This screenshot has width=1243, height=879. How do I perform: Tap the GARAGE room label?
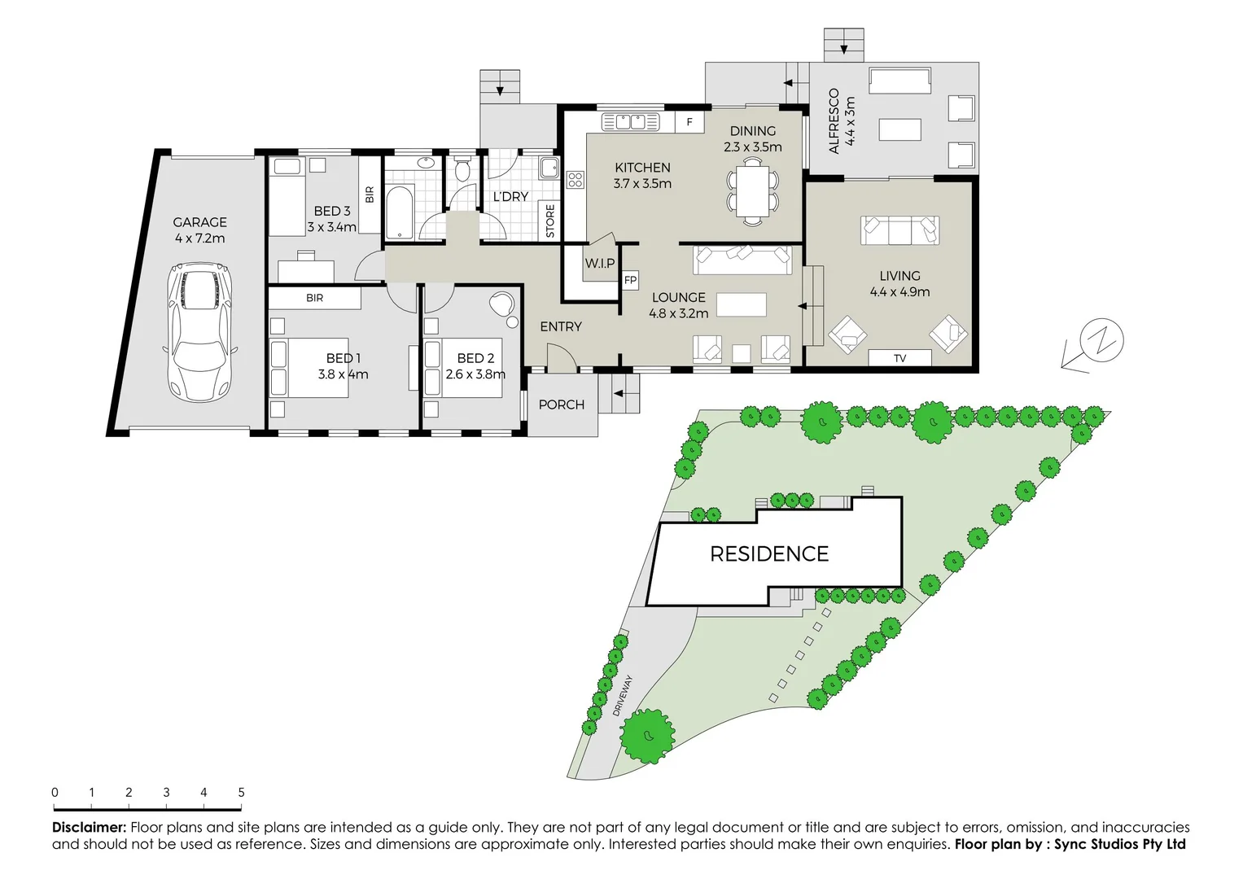pyautogui.click(x=199, y=222)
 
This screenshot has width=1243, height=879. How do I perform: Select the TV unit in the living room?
pyautogui.click(x=899, y=358)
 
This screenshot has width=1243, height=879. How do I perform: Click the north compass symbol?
pyautogui.click(x=1101, y=340)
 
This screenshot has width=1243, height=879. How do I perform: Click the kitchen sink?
pyautogui.click(x=630, y=122)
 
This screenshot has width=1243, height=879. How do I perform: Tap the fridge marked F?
pyautogui.click(x=689, y=122)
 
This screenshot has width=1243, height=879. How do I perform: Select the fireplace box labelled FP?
pyautogui.click(x=630, y=281)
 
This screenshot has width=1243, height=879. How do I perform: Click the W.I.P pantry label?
pyautogui.click(x=600, y=263)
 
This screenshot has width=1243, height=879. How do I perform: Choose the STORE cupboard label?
pyautogui.click(x=550, y=221)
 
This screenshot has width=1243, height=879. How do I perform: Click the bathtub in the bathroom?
pyautogui.click(x=399, y=212)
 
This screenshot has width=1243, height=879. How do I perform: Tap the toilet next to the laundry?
pyautogui.click(x=462, y=169)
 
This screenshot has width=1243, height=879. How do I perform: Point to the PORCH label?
pyautogui.click(x=562, y=405)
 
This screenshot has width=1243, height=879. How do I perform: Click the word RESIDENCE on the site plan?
pyautogui.click(x=769, y=554)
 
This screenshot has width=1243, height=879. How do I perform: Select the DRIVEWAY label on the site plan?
pyautogui.click(x=623, y=696)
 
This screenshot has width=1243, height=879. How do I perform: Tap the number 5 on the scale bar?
pyautogui.click(x=241, y=792)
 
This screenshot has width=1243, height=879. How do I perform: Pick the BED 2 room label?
pyautogui.click(x=475, y=358)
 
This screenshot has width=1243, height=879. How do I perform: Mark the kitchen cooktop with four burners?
pyautogui.click(x=576, y=180)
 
